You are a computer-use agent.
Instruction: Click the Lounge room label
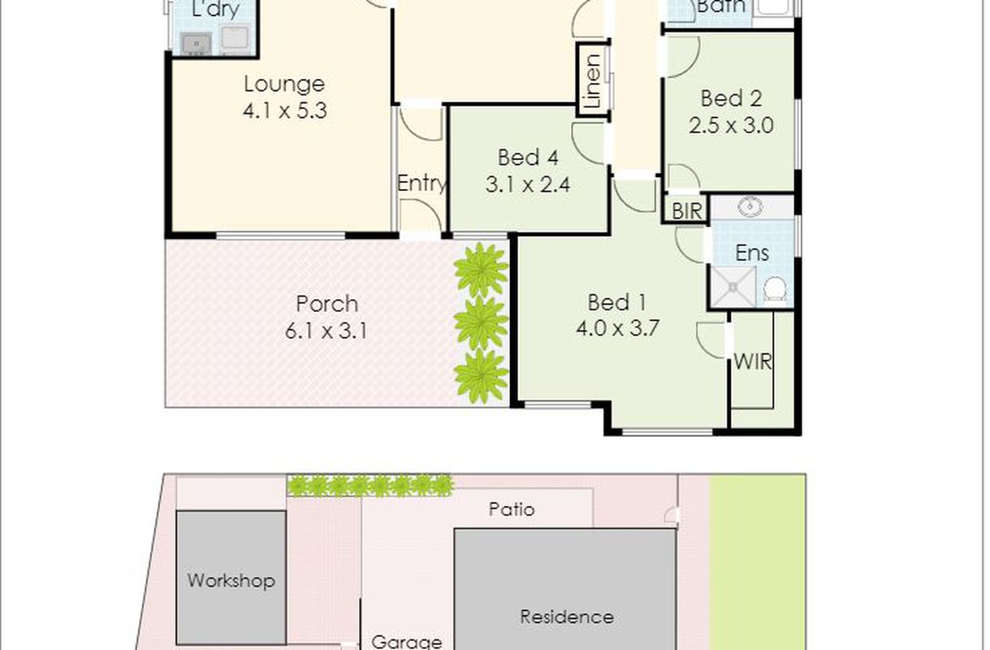point(284,84)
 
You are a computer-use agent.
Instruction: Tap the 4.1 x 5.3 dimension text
point(284,110)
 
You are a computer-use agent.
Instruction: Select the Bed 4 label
point(528,158)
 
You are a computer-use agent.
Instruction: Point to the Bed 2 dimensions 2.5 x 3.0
point(731,125)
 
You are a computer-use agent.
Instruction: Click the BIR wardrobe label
point(687,211)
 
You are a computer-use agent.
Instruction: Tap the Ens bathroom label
point(752,253)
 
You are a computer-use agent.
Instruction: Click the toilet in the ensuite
point(775,289)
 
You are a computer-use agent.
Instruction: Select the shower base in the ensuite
point(733,288)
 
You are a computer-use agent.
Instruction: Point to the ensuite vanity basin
point(750,206)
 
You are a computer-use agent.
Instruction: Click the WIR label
point(753,362)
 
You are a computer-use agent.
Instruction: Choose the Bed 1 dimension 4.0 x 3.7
point(617,328)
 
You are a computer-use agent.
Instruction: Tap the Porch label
point(326,304)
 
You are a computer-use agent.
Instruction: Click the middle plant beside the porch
point(481,323)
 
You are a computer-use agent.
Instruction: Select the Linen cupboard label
point(592,81)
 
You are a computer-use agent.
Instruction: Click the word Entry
point(422,184)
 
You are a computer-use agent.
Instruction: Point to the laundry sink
point(197,44)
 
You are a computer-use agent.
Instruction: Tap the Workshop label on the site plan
point(231,581)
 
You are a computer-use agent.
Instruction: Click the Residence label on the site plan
point(567,617)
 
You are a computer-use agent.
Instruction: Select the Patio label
point(512,509)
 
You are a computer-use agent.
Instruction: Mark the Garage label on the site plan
point(407,642)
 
